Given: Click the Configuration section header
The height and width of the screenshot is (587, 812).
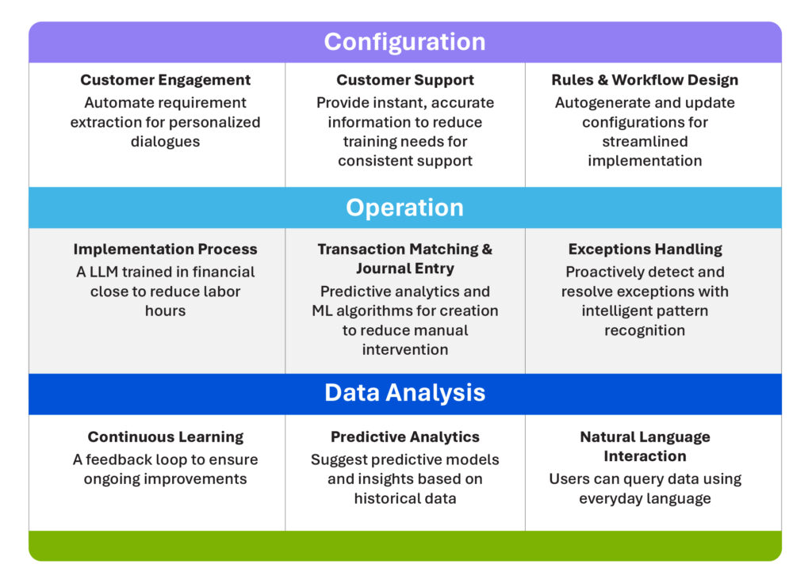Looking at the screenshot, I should pyautogui.click(x=404, y=42).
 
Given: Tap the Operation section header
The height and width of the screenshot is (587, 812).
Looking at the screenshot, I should pyautogui.click(x=404, y=208).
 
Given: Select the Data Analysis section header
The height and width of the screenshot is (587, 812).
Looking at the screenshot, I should pyautogui.click(x=404, y=393).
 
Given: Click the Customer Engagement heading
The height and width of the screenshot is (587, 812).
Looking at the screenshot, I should pyautogui.click(x=165, y=80).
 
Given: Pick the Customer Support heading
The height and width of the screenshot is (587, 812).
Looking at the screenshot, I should pyautogui.click(x=404, y=80).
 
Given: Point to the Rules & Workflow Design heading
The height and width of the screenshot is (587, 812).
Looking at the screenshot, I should pyautogui.click(x=645, y=80).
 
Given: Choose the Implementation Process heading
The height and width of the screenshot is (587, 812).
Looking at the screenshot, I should pyautogui.click(x=165, y=250).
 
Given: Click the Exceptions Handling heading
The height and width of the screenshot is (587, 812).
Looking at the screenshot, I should pyautogui.click(x=645, y=250).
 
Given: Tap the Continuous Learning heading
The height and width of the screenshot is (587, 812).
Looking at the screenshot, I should pyautogui.click(x=165, y=437).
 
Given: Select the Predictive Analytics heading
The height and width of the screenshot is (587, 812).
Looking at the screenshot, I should pyautogui.click(x=404, y=437).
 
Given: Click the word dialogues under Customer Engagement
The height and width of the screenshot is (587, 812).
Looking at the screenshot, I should pyautogui.click(x=165, y=142).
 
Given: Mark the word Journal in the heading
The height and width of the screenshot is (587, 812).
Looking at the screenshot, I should pyautogui.click(x=382, y=269).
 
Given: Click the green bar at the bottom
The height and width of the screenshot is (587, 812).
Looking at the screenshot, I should pyautogui.click(x=404, y=546).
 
